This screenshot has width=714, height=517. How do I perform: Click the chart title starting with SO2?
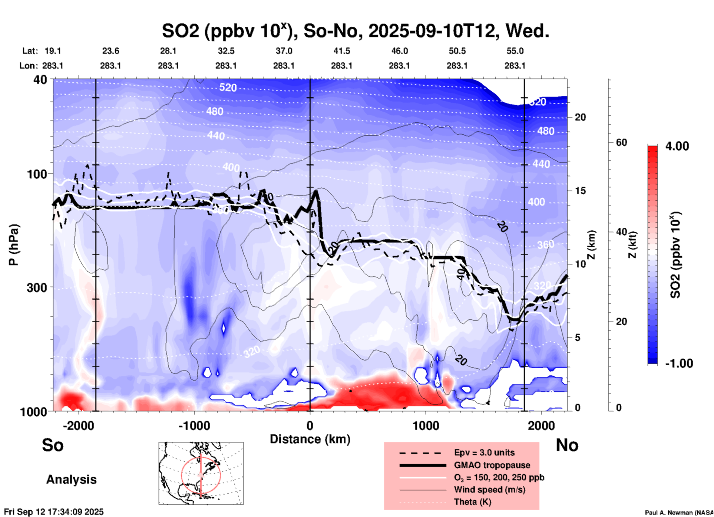coord(355,31)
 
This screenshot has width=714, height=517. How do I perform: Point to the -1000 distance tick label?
coord(194,425)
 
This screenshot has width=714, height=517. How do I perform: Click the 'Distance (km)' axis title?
coord(310,439)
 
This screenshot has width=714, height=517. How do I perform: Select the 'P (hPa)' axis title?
coord(14,245)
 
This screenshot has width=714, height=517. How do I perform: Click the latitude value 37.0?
coord(284,51)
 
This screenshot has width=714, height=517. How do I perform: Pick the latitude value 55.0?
coord(515,51)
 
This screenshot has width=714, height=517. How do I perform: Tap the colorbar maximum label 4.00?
coord(677,146)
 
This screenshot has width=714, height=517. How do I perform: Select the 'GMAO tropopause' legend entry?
coord(492,465)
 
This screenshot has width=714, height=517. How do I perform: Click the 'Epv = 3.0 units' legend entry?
coord(484,452)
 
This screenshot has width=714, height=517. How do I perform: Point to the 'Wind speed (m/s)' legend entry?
coord(489,490)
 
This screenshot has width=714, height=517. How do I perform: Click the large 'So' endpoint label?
coord(53,445)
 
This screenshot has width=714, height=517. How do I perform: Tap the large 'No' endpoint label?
coord(567,445)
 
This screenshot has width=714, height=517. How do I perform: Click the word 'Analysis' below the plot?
coord(71,480)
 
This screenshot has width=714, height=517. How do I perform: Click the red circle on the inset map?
coord(182,475)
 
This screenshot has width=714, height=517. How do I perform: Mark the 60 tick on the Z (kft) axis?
coord(621,142)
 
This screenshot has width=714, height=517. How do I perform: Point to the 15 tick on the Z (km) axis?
coord(580,191)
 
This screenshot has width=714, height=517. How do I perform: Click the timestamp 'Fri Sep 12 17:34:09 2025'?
coord(54,512)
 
